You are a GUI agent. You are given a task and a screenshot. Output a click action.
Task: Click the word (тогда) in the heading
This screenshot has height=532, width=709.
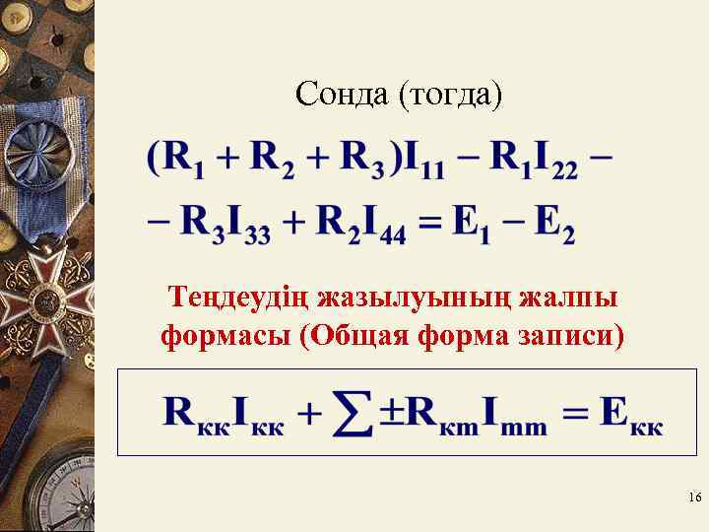click(451, 96)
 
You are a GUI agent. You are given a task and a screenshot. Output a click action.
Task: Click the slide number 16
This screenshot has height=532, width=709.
click(693, 499)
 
